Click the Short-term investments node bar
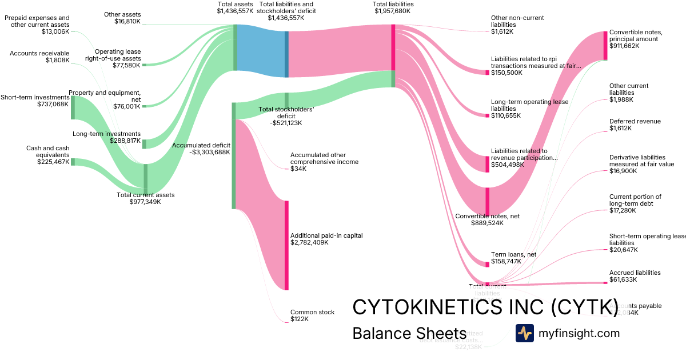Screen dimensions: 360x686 73,107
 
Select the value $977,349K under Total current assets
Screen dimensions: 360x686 145,202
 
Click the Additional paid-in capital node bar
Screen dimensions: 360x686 286,245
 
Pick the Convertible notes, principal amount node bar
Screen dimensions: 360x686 605,45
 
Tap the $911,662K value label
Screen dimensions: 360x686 624,46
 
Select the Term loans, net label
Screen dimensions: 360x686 513,255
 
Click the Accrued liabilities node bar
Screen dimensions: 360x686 605,282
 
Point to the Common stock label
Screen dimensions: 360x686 312,312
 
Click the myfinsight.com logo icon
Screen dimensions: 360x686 524,333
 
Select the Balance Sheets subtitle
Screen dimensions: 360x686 409,334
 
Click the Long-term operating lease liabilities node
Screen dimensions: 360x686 487,115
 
